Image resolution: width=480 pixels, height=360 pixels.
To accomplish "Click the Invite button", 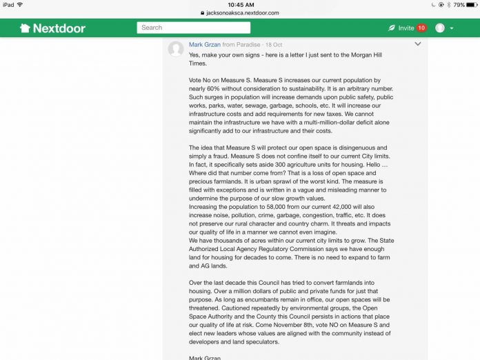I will pyautogui.click(x=401, y=28).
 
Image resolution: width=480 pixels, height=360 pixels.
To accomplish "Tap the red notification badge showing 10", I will pyautogui.click(x=421, y=28).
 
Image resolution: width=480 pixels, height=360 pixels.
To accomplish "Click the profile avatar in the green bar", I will pyautogui.click(x=440, y=28).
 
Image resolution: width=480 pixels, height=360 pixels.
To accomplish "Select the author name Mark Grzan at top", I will pyautogui.click(x=204, y=44).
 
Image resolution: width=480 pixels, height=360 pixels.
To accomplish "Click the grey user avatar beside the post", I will pyautogui.click(x=176, y=48).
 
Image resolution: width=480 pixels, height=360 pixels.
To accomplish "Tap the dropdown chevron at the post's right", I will pyautogui.click(x=418, y=44).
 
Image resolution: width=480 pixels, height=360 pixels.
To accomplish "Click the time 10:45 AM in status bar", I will pyautogui.click(x=240, y=4).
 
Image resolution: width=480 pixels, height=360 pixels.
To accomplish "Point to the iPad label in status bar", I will pyautogui.click(x=8, y=4).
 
